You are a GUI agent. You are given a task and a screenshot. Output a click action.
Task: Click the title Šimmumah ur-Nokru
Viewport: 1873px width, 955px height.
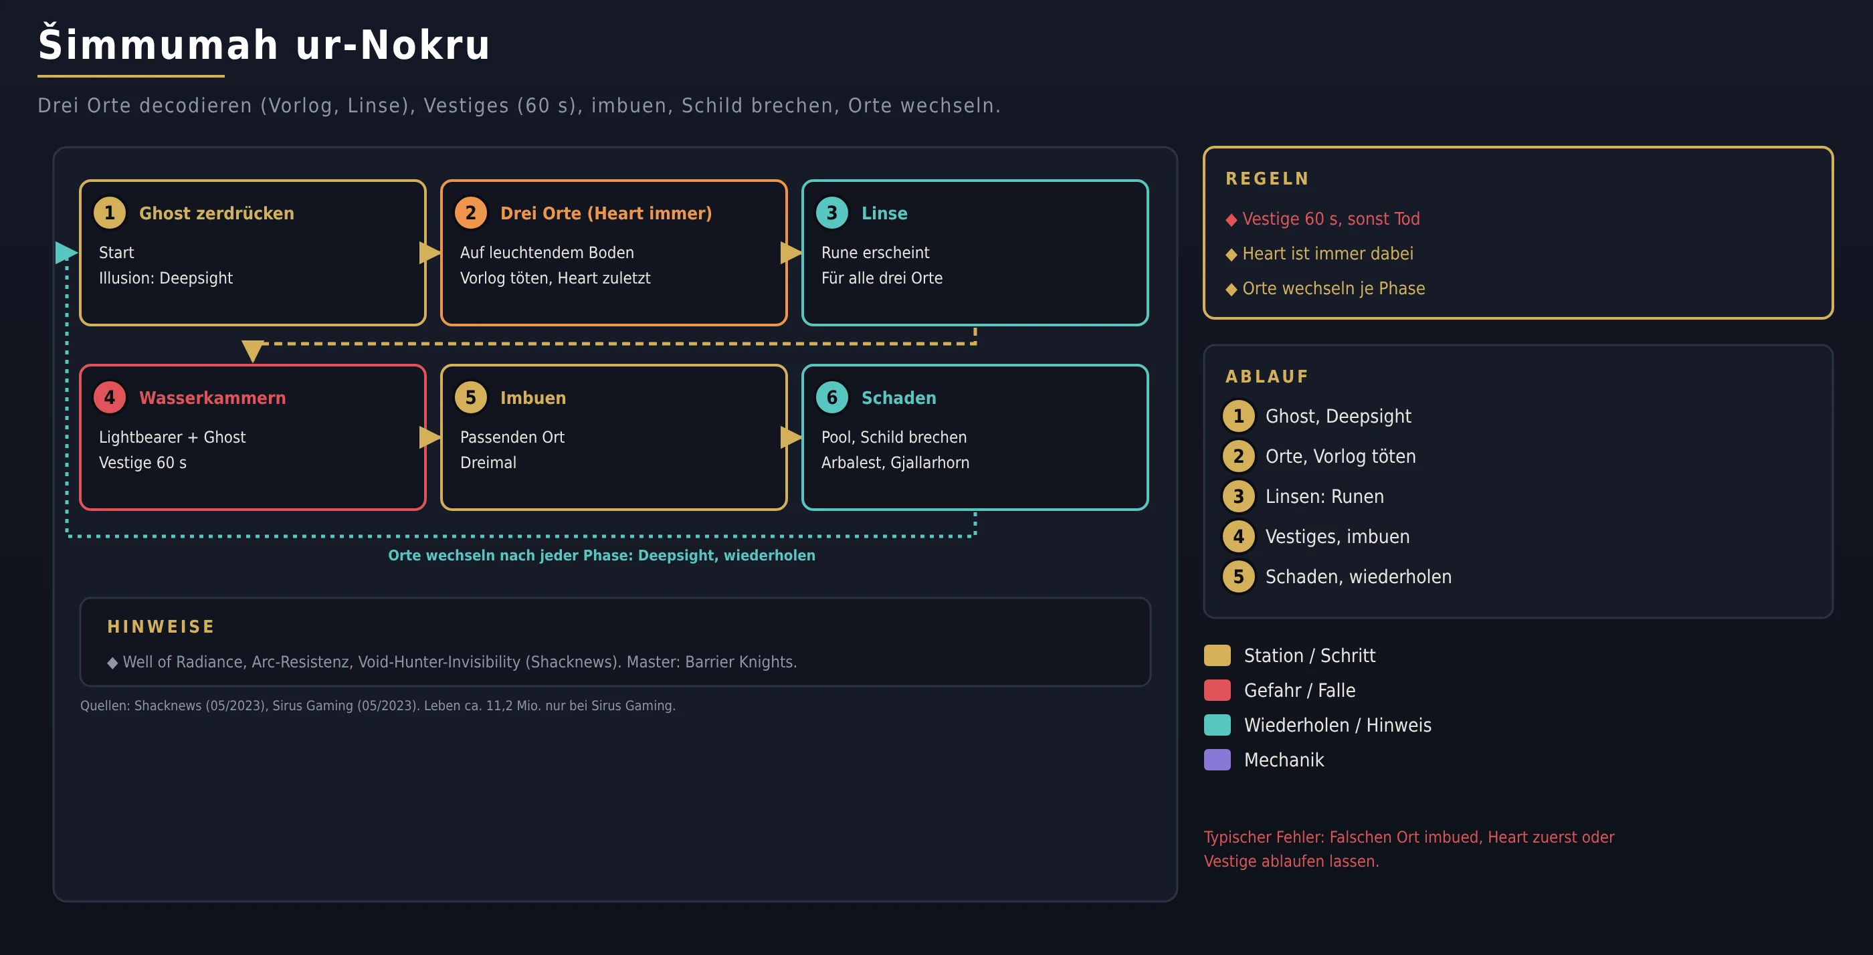[264, 44]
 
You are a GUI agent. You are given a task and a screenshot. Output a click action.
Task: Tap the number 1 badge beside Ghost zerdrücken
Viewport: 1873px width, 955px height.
[110, 213]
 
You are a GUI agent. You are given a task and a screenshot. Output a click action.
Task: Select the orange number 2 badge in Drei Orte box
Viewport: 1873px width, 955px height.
[470, 213]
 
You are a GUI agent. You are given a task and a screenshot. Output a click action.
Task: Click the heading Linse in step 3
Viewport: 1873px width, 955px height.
[884, 213]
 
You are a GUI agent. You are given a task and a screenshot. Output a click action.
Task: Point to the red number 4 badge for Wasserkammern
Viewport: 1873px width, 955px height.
[110, 397]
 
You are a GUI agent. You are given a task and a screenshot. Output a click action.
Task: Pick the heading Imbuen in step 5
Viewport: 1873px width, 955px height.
[533, 397]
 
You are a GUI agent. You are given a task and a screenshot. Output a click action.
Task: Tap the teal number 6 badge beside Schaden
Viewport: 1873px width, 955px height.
[831, 397]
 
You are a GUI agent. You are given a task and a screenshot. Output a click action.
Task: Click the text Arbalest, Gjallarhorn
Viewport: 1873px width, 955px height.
[895, 462]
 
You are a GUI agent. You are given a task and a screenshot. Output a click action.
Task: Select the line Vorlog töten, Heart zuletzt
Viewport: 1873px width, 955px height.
[555, 278]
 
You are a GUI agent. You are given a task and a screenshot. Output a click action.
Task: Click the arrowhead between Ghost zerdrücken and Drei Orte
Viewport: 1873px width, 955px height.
[430, 252]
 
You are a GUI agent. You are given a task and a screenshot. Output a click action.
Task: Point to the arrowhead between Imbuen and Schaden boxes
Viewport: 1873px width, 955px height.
[792, 437]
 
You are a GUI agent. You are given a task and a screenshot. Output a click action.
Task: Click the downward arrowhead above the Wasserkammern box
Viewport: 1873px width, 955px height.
[252, 351]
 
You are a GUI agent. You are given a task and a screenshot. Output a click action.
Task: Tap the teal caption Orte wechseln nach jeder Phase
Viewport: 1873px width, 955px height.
[601, 555]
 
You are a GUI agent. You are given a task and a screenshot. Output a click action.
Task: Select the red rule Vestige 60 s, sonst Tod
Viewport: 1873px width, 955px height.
[1330, 219]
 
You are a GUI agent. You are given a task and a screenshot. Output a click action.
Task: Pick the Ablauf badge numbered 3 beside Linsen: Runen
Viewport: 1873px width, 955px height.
[1238, 496]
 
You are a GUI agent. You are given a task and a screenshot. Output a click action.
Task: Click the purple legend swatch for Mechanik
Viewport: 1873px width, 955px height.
[1217, 760]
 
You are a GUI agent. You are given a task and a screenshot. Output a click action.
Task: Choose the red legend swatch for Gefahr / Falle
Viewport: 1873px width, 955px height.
[1217, 689]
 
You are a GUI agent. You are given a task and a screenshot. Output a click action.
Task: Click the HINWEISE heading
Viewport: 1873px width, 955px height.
[161, 627]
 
